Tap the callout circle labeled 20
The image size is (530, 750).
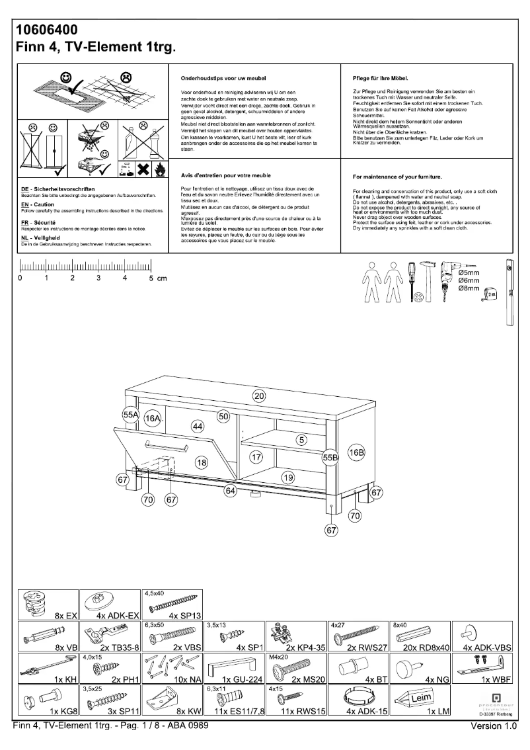(x=259, y=396)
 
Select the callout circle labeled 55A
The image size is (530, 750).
(x=131, y=415)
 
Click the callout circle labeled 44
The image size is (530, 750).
(x=197, y=427)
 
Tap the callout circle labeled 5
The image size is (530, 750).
(x=301, y=439)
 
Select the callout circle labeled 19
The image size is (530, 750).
(x=287, y=477)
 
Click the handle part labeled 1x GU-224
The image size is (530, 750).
(x=233, y=667)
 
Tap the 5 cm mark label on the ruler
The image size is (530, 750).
(x=157, y=278)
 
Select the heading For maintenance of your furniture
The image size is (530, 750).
(x=397, y=177)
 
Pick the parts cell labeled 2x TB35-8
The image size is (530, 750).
(x=108, y=636)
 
